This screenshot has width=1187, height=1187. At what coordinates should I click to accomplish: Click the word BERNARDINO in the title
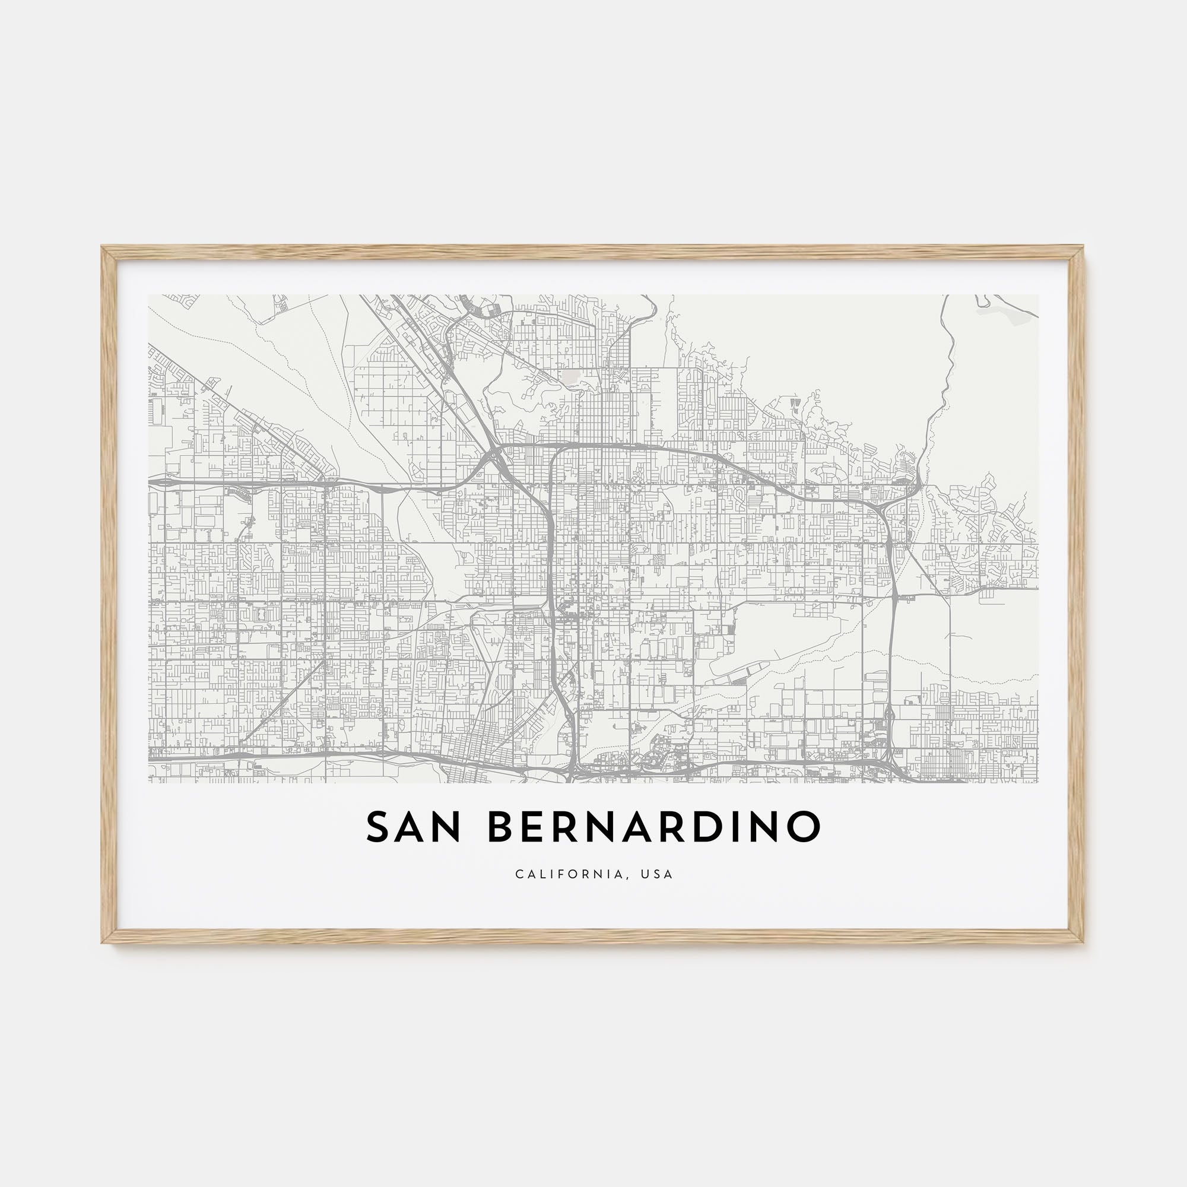point(654,827)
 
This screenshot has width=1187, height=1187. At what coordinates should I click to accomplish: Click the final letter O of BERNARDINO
point(802,827)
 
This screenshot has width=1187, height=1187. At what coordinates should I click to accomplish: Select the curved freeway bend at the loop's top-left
point(555,452)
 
